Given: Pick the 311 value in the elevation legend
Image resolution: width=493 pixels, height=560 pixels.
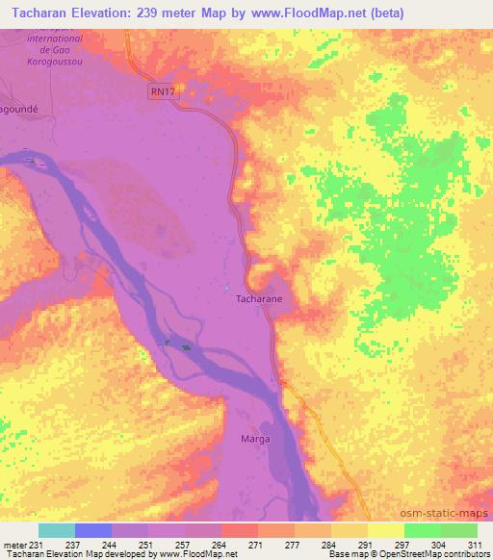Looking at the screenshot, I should click(476, 545).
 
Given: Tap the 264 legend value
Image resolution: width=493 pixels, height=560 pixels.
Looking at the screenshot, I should click(221, 545).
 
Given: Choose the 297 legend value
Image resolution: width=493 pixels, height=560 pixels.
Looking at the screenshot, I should click(402, 545).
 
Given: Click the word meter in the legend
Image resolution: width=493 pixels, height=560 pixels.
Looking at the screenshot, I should click(13, 545).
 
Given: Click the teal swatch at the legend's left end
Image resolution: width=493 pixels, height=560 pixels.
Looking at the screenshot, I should click(57, 530).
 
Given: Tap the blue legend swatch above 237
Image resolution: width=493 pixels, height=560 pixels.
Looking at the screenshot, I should click(93, 530).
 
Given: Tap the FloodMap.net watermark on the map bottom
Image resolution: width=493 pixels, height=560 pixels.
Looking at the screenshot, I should click(202, 515).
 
